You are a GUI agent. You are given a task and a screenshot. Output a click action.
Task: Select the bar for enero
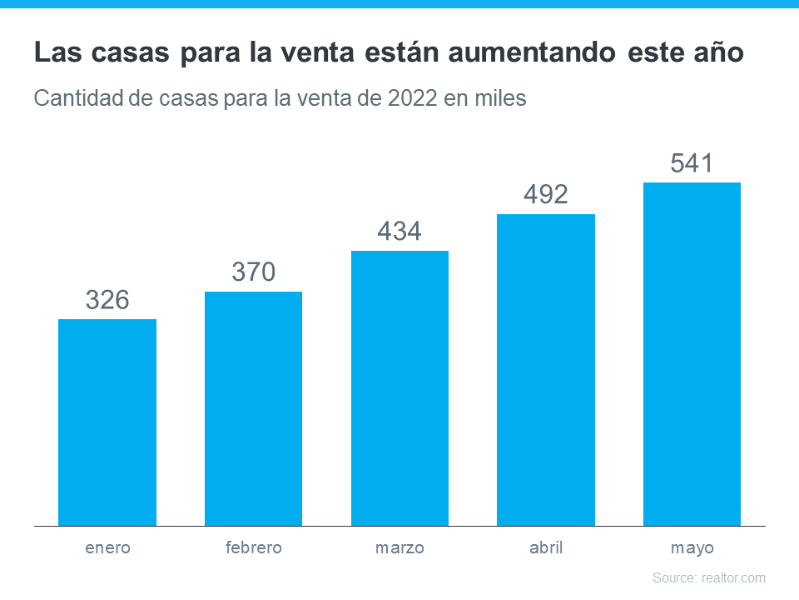point(107,422)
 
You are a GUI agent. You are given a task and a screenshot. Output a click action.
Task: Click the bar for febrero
point(253,408)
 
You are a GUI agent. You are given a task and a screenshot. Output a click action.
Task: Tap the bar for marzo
point(399,388)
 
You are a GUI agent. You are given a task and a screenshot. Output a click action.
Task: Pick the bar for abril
point(546,370)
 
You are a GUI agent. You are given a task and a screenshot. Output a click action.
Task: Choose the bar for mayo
point(692,354)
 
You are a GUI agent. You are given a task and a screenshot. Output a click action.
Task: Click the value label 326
point(107,300)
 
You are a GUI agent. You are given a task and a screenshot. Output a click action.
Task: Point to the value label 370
point(253,272)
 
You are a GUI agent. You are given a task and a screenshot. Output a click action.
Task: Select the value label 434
point(399,232)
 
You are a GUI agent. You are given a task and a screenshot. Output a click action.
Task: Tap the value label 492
point(546,195)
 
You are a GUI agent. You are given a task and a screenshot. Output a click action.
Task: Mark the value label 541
point(692,163)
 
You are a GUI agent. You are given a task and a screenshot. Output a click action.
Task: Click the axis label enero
point(107,548)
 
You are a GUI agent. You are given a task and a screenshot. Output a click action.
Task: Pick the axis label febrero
point(253,548)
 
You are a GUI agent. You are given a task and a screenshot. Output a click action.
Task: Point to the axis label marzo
point(399,548)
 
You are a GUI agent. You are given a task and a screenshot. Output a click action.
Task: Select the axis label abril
point(546,548)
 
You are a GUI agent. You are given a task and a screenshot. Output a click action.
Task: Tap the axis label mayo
point(692,549)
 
